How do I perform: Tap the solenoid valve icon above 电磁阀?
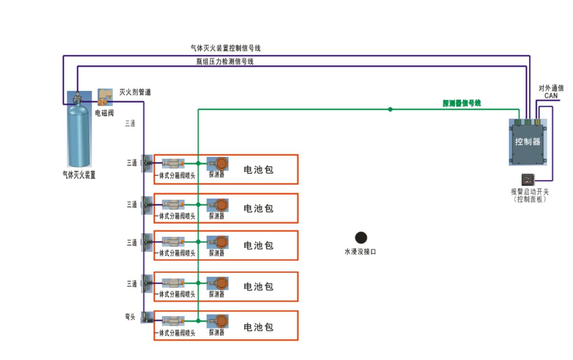[105, 97]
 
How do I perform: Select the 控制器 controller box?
[528, 142]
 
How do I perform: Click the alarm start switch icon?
[528, 180]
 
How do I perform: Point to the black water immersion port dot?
[361, 238]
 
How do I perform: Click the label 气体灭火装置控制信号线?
[225, 48]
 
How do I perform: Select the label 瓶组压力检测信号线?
[225, 61]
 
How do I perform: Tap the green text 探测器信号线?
[462, 103]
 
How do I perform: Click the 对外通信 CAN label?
[551, 92]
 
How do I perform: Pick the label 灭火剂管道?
[135, 92]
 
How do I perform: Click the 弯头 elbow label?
[130, 317]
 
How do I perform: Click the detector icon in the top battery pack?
[219, 164]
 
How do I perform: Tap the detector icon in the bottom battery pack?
[219, 321]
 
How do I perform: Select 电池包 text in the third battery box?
[258, 245]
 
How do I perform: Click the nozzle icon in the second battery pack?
[173, 205]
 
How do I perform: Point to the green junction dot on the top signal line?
[390, 109]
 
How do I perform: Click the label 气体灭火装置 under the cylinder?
[79, 175]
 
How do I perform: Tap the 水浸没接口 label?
[360, 252]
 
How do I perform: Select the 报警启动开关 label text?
[530, 192]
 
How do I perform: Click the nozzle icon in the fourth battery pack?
[173, 283]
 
